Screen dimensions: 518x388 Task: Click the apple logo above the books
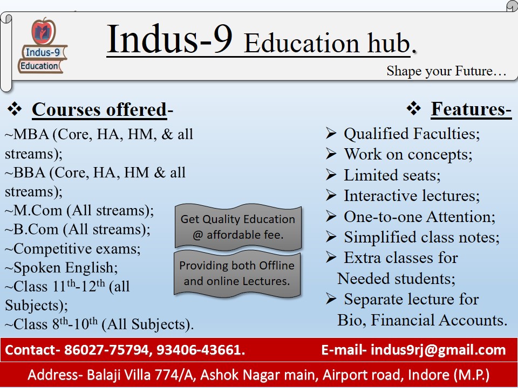point(43,31)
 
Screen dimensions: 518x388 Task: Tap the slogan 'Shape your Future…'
point(446,72)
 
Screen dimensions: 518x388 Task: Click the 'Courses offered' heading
point(99,110)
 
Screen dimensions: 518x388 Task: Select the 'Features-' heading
point(471,109)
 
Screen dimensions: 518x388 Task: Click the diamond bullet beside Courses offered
point(15,108)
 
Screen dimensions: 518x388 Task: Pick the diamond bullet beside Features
point(414,108)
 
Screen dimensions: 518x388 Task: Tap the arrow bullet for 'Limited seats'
point(331,175)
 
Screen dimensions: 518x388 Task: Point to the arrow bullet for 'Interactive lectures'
point(331,195)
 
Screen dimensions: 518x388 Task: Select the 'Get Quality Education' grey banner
point(238,227)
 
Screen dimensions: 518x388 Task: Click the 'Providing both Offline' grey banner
point(237,273)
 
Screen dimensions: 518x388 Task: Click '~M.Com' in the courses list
point(33,211)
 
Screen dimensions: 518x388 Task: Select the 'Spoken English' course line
point(61,268)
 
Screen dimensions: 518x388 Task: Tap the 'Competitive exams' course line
point(72,249)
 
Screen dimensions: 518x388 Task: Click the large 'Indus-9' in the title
point(170,39)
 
